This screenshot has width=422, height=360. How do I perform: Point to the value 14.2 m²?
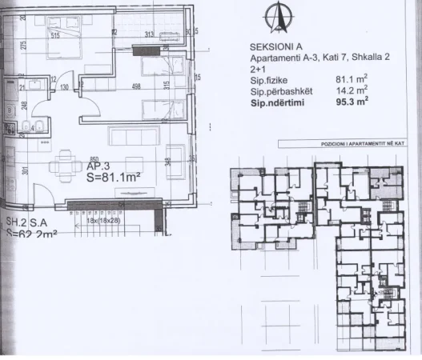coord(355,91)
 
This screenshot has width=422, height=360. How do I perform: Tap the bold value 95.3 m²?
coord(355,102)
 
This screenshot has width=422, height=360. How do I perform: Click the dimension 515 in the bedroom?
coord(56,36)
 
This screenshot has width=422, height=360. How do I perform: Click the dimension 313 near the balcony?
coord(149,34)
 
